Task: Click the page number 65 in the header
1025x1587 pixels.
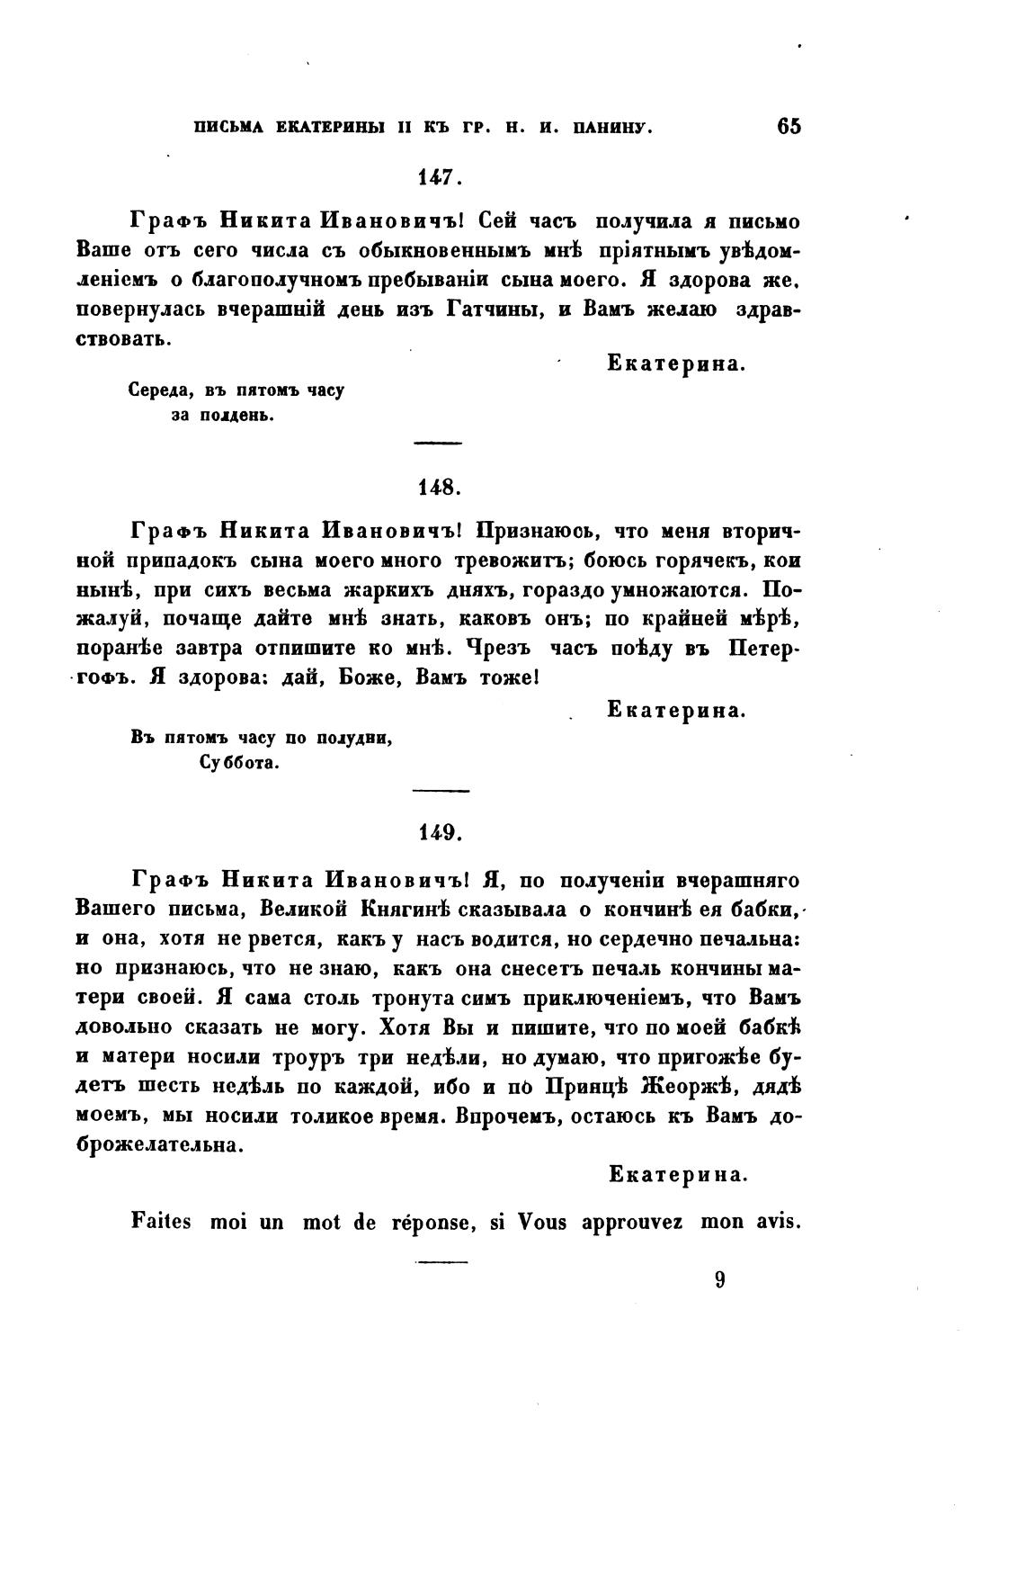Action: (788, 126)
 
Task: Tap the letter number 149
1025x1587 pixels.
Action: (440, 833)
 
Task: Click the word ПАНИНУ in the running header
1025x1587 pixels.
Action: (613, 128)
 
